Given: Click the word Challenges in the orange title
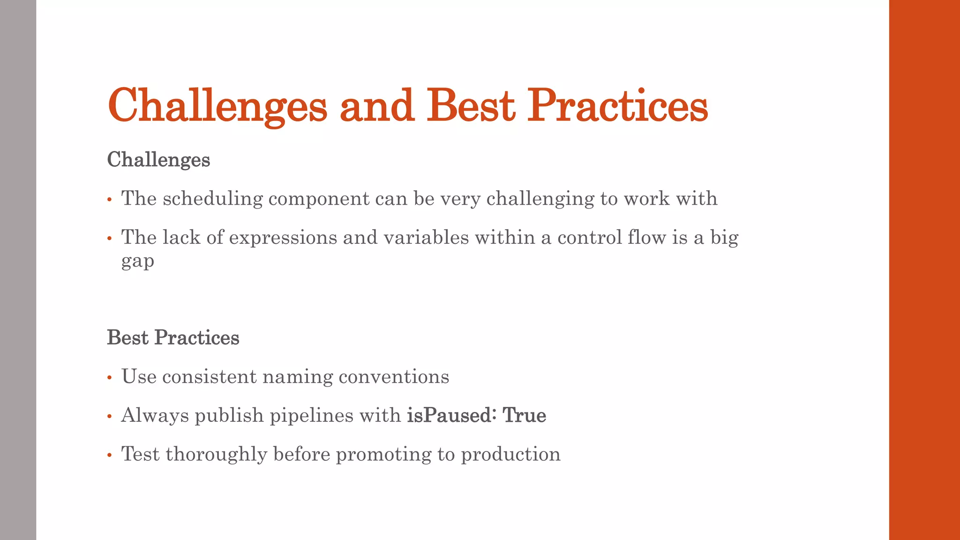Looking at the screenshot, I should (217, 106).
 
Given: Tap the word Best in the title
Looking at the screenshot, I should (470, 106).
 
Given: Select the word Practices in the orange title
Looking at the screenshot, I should (617, 106).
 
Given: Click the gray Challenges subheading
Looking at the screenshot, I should (158, 160).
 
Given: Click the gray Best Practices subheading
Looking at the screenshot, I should (173, 337).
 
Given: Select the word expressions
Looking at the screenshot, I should (283, 237).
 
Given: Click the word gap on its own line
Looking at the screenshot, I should (137, 261).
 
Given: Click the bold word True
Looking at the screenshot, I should (524, 415).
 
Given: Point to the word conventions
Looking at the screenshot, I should (394, 377).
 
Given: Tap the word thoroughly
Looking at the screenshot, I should (216, 454).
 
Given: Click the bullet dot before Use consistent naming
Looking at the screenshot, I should (109, 378).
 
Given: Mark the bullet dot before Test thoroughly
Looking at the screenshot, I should (109, 455).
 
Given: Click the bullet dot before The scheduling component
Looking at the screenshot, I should (109, 200).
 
